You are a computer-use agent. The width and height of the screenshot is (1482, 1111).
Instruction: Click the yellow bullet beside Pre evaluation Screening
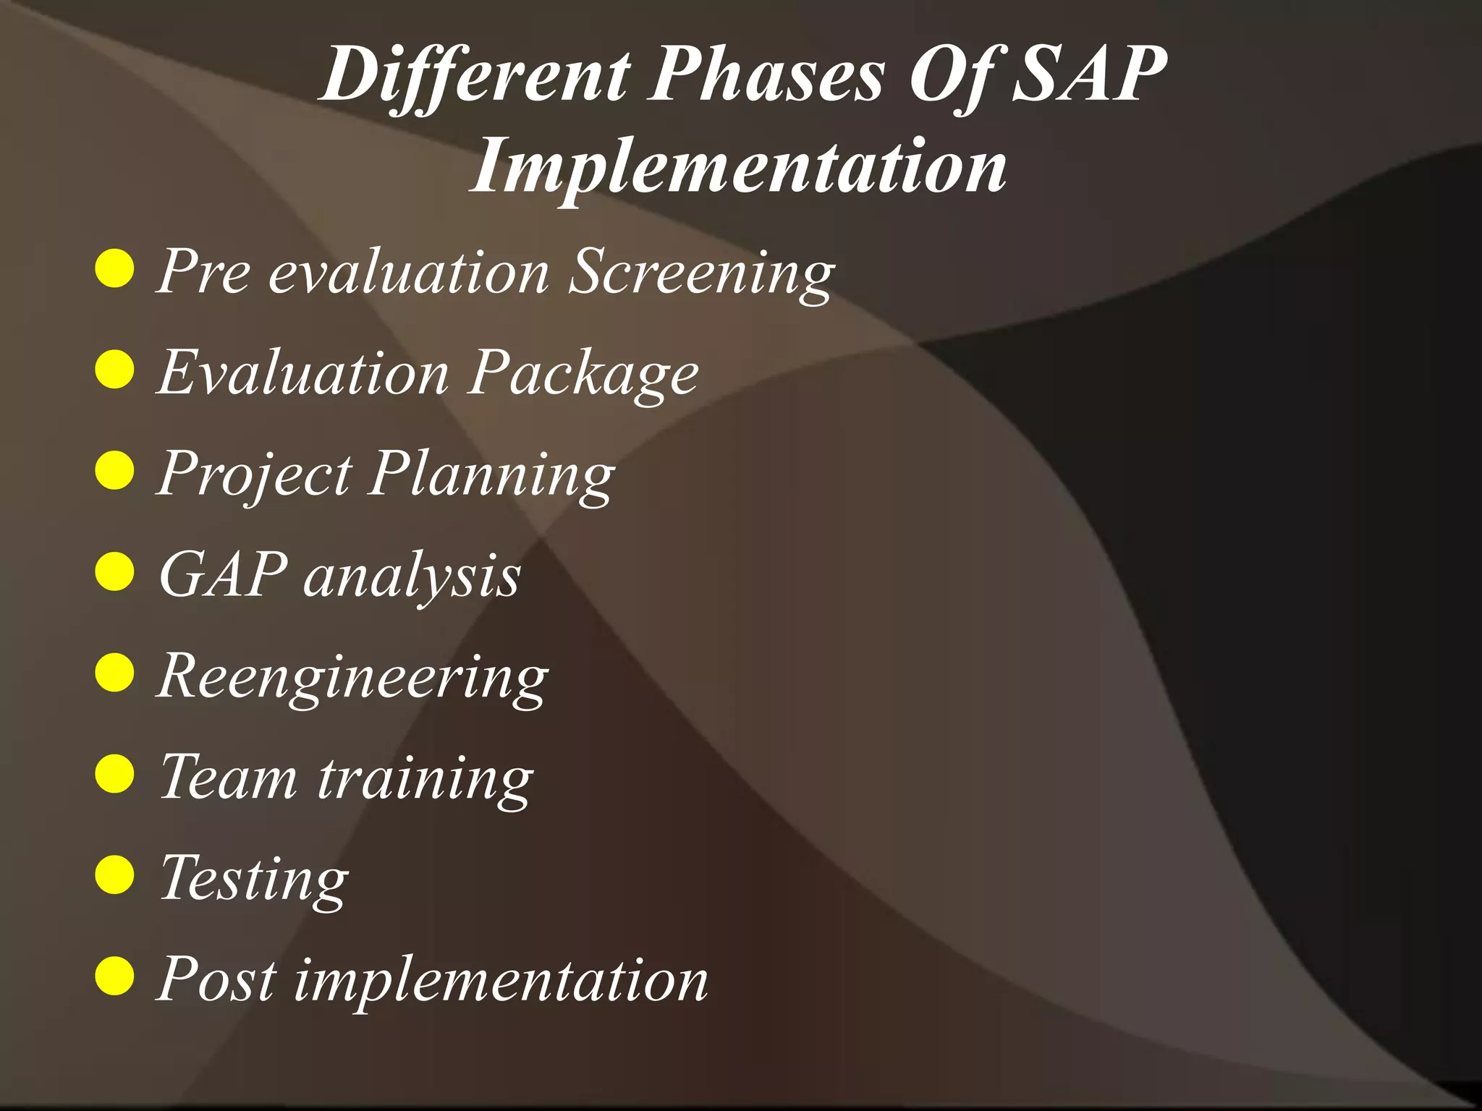pos(115,269)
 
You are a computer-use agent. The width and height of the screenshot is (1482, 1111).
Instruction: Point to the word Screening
pos(701,273)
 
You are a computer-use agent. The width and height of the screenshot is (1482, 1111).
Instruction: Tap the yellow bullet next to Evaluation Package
pos(115,370)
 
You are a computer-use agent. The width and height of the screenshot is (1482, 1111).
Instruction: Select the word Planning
pos(491,475)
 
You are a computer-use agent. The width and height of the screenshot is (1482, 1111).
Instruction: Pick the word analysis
pos(412,576)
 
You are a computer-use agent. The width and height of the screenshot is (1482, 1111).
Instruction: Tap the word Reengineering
pos(352,677)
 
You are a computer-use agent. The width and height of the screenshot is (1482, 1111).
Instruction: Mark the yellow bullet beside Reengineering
pos(115,673)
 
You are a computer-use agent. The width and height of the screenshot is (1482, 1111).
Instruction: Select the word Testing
pos(254,880)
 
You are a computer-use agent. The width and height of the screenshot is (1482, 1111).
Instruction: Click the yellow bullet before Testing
pos(115,874)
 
